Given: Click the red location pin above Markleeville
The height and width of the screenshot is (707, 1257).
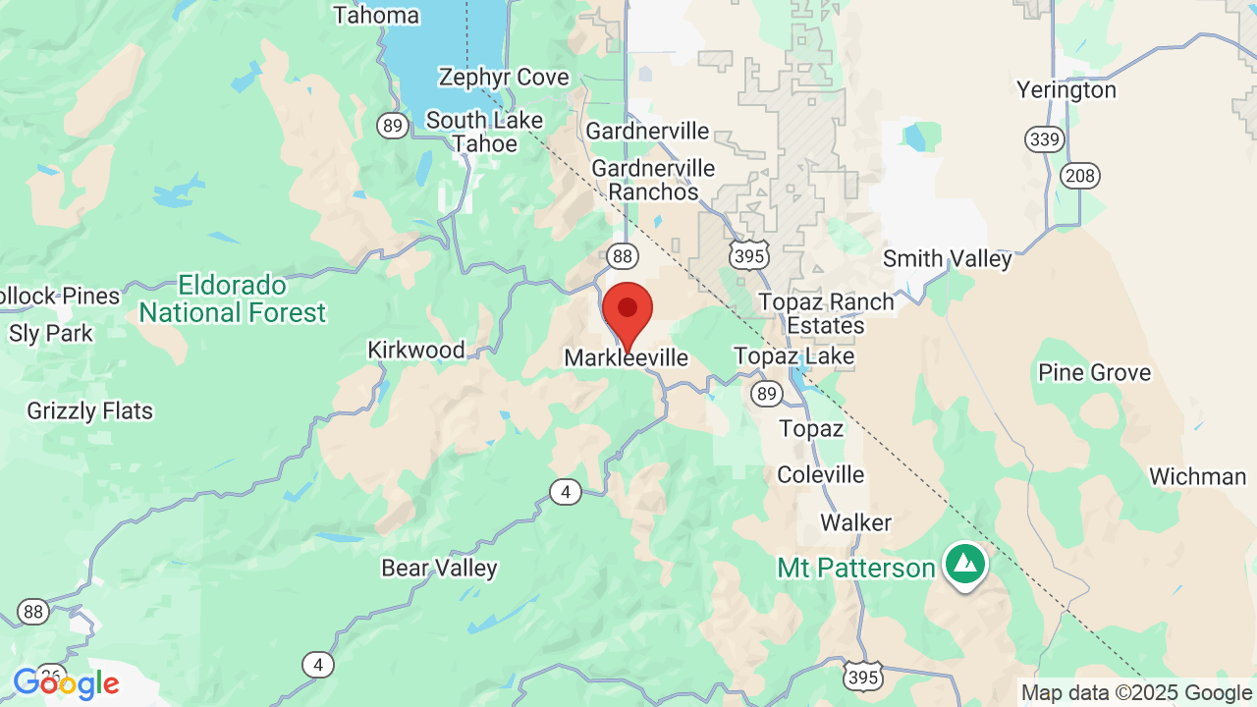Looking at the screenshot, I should (628, 310).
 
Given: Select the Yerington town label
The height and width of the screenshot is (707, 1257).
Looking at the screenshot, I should (1066, 90).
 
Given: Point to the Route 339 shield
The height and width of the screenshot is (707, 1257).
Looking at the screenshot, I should (1044, 139).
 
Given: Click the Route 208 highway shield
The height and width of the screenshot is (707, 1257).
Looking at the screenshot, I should (1079, 176).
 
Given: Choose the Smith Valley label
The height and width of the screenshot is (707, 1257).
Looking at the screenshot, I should (947, 259).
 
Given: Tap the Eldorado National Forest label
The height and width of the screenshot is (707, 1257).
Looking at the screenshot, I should (232, 299).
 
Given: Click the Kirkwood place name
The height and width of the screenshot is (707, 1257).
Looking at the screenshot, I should (415, 351).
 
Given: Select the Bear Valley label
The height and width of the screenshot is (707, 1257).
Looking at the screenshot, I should (439, 569).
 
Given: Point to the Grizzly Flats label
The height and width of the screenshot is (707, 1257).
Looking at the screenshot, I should (90, 410).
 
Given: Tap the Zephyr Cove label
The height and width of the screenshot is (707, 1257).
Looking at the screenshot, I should (504, 78).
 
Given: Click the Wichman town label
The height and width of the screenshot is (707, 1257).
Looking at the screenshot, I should (1197, 477).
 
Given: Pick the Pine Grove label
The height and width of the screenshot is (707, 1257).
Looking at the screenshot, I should (1094, 373).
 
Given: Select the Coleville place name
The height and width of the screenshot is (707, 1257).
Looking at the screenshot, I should (821, 475).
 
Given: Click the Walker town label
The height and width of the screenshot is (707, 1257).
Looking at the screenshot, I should (856, 522).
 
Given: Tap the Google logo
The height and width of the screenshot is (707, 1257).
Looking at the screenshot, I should (66, 683).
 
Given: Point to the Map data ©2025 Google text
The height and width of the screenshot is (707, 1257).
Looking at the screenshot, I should (1137, 693).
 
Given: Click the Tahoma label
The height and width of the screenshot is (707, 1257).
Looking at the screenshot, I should (376, 16).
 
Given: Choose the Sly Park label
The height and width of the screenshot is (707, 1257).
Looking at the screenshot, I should (51, 334).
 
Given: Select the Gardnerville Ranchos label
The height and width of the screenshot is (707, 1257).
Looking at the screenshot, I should (653, 181).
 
